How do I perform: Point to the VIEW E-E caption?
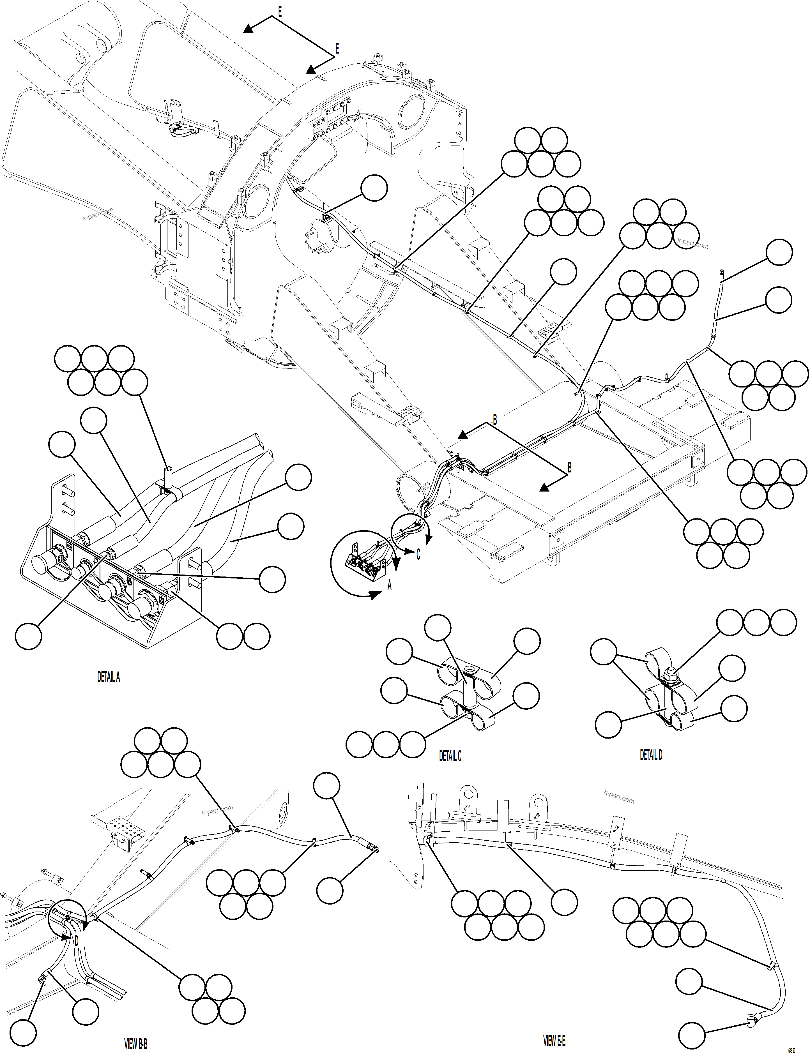[x=554, y=1041]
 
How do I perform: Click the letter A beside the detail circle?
[x=390, y=585]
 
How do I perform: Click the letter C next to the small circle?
[x=418, y=555]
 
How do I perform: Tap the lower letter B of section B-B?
[x=569, y=467]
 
